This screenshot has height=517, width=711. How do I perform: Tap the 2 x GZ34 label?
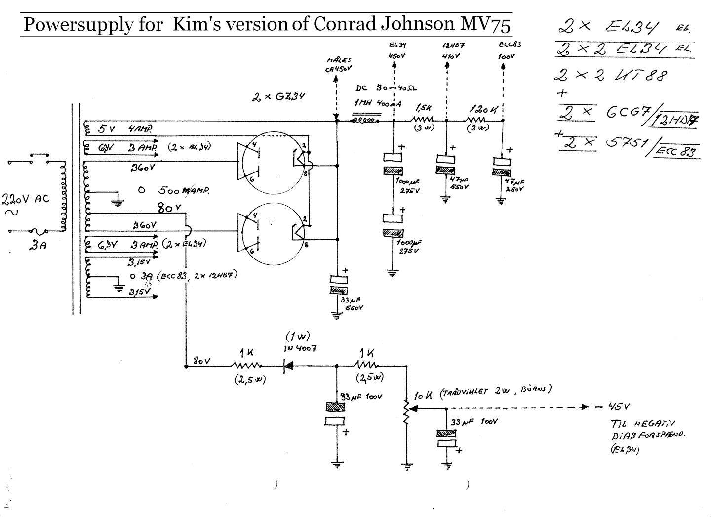(x=277, y=97)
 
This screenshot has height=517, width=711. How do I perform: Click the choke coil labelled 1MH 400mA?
(x=366, y=120)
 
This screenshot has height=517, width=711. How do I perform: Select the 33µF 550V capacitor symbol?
(x=338, y=286)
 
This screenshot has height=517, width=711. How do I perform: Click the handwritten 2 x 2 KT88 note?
(x=610, y=75)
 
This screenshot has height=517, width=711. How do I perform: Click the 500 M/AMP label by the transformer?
(x=184, y=191)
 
